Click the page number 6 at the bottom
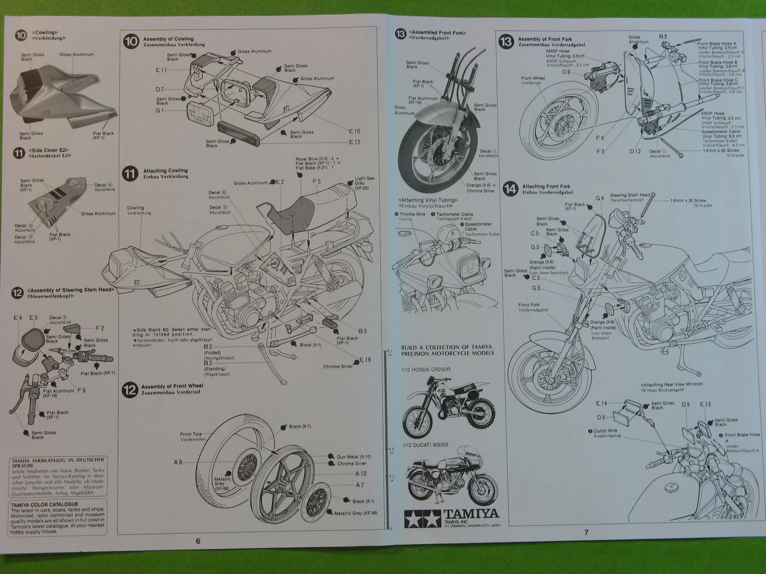pos(198,541)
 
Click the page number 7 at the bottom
pos(585,532)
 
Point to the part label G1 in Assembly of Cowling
pos(159,110)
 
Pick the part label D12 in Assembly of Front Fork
pos(635,152)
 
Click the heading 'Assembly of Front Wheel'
pos(170,386)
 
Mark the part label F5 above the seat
pos(316,181)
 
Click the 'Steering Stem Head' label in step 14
pos(630,195)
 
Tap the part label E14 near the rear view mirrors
pos(602,403)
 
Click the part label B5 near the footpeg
pos(362,331)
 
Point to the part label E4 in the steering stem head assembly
pos(18,317)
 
